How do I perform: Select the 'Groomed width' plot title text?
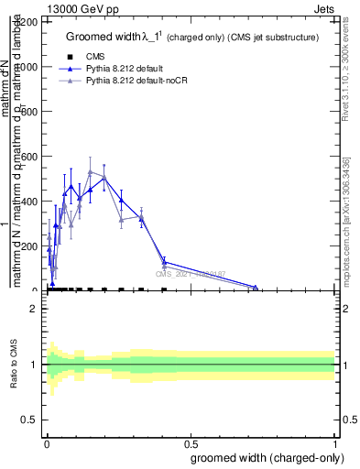[x=191, y=38]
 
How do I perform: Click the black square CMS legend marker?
[x=71, y=57]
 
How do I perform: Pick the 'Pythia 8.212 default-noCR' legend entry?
[x=134, y=81]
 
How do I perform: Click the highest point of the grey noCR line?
[x=90, y=171]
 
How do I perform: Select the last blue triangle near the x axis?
[x=256, y=287]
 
